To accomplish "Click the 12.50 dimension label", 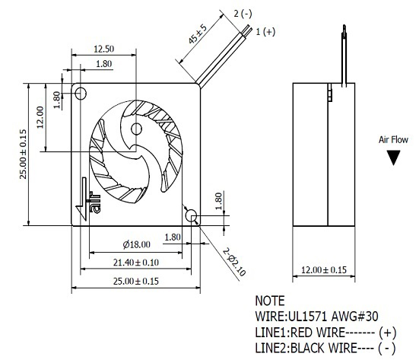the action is tap(104, 49).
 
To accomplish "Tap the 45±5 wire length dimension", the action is tap(198, 34).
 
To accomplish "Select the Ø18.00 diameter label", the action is tap(137, 244).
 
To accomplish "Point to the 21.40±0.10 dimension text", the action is tap(136, 263).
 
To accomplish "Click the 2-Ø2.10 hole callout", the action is tap(234, 262).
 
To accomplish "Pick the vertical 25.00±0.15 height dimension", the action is tap(24, 154).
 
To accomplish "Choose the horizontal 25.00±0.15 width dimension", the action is tap(136, 282).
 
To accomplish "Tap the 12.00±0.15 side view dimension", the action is tap(324, 270).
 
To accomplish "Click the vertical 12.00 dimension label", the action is tap(40, 117).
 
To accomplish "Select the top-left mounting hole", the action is tap(81, 94).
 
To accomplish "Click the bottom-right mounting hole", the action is tap(192, 215).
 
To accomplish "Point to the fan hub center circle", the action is tap(136, 129).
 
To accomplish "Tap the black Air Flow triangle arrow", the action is tap(393, 158).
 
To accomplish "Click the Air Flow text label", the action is tap(393, 140).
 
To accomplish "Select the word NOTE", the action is tap(270, 301).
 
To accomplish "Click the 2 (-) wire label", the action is tap(243, 14).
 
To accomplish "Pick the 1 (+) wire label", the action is tap(265, 32).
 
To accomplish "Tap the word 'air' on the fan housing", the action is tap(95, 202).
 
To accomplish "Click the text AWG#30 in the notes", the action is tap(355, 317).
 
